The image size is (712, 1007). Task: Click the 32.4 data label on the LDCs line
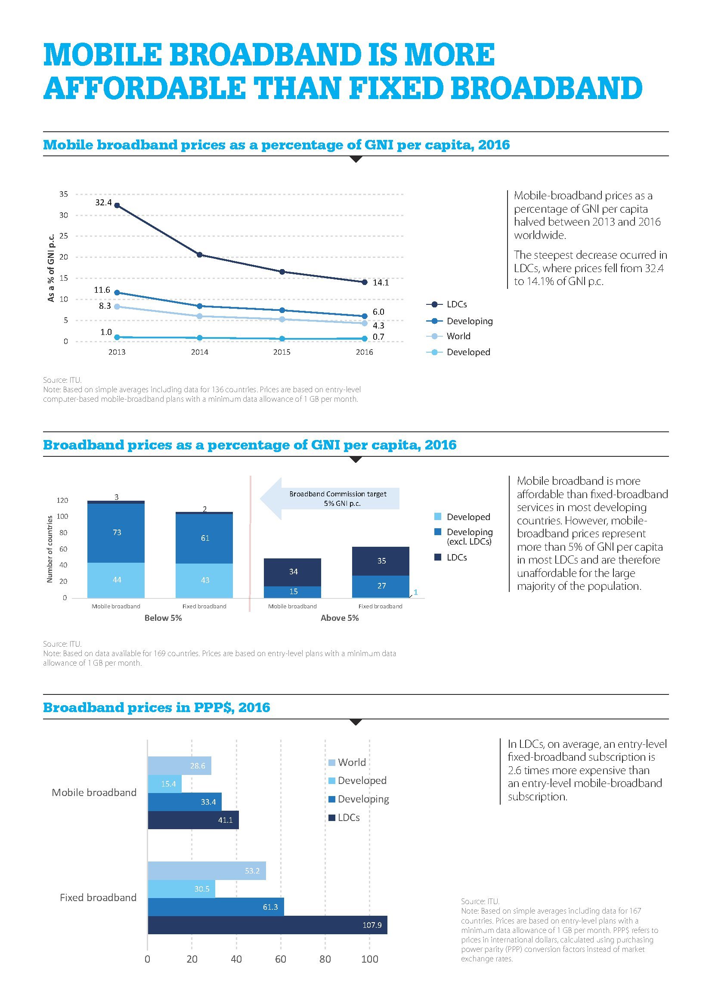pos(103,203)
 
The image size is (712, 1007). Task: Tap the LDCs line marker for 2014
pos(199,255)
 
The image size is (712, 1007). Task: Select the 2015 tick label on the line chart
pos(282,352)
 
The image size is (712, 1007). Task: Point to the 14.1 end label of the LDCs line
pos(381,283)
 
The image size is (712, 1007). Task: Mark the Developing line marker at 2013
pos(117,292)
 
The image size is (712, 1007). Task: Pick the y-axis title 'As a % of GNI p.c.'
pos(51,267)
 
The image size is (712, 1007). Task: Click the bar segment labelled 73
pos(116,533)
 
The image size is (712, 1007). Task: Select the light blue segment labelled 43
pos(204,580)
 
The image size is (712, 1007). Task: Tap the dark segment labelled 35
pos(381,561)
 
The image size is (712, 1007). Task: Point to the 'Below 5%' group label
pos(163,618)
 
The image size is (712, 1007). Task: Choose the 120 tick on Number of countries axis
pos(62,500)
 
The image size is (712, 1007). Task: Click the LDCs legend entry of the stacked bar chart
pos(456,558)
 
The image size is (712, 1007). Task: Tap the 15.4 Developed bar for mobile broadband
pos(164,784)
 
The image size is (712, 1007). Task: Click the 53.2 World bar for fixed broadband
pos(207,871)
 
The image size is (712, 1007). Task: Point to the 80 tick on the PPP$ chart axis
pos(325,959)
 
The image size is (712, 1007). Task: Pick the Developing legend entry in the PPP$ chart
pos(363,799)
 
